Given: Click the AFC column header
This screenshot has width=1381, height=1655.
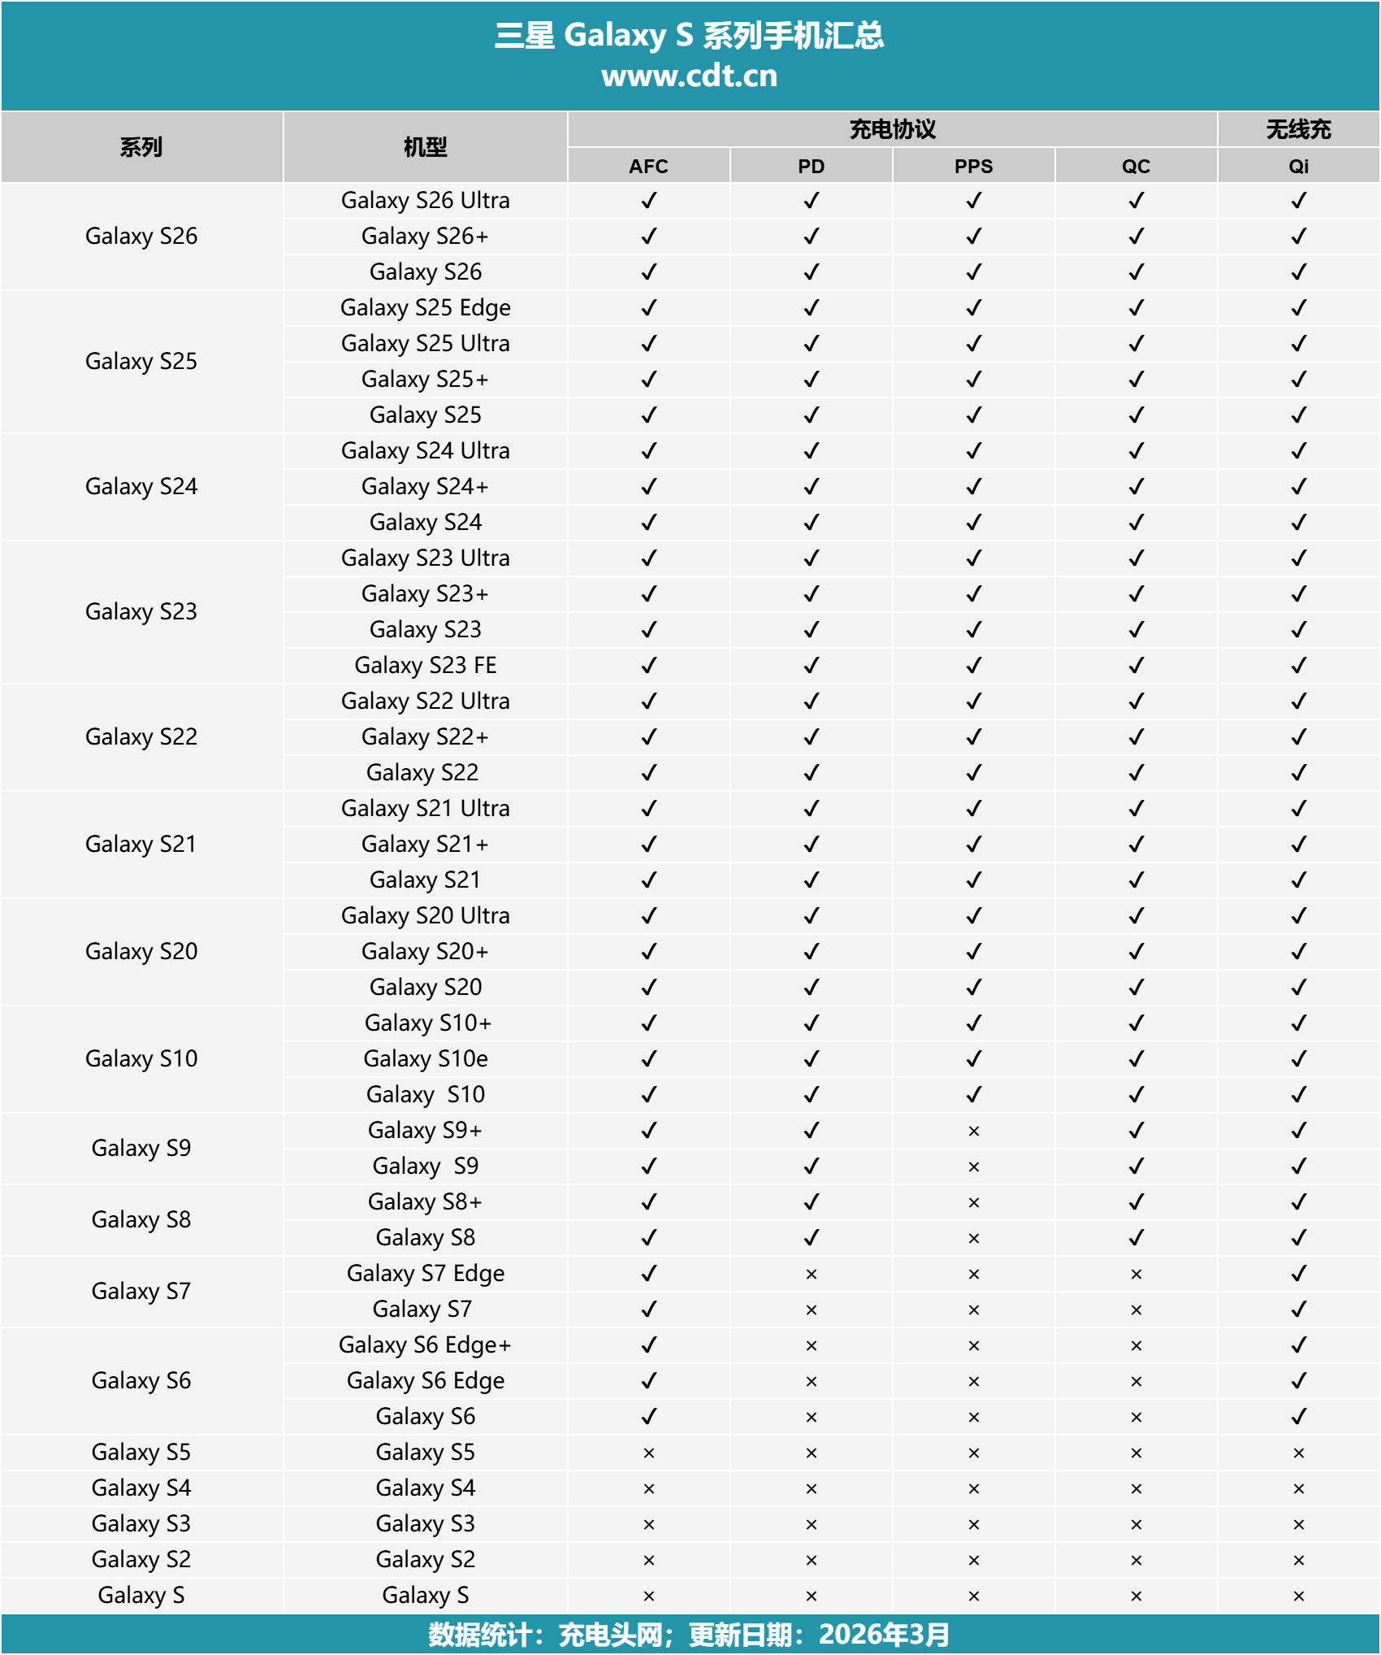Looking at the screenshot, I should pos(648,167).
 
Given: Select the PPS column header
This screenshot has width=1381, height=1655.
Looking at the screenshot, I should pos(973,167).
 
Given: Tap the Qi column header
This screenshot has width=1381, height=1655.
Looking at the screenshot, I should pos(1298,167).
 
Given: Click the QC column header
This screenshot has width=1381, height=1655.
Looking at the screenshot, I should pos(1136,167).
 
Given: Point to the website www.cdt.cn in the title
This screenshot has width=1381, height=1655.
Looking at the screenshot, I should pos(689,76).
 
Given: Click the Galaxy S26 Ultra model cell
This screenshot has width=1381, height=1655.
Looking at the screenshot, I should pos(425,201).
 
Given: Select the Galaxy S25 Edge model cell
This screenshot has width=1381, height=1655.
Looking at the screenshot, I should pos(425,308).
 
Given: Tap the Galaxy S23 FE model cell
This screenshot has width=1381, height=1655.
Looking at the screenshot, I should pos(425,666).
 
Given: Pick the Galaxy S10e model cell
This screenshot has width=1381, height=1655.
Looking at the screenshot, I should pos(425,1059).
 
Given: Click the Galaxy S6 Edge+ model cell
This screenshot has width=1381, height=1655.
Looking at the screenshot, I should pos(425,1345).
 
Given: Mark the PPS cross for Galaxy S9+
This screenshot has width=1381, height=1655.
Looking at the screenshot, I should pos(973,1132).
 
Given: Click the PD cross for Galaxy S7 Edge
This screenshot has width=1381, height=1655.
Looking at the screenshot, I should pos(811,1275).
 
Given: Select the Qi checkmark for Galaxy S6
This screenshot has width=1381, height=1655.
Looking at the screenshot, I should pos(1298,1417).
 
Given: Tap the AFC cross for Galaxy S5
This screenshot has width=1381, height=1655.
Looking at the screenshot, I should pos(648,1453).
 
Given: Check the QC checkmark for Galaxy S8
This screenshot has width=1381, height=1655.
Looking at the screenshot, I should pos(1136,1238).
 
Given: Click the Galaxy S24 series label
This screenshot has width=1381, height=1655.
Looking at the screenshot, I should pos(141,487).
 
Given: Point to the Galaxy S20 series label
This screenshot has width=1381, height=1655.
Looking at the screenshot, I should pos(141,952).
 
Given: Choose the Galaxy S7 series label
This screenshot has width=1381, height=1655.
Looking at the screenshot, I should pos(141,1292).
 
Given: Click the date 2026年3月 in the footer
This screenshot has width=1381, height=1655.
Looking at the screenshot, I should pos(884,1635).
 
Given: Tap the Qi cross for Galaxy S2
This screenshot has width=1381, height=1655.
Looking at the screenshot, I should pos(1298,1561).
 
